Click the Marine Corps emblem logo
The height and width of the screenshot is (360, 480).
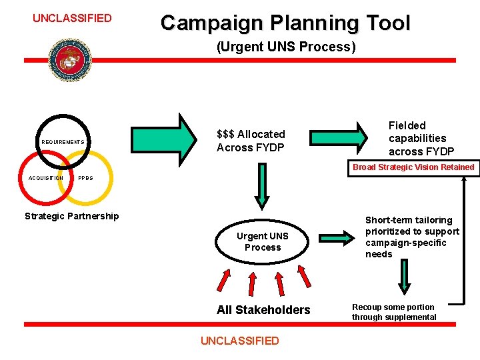[69, 60]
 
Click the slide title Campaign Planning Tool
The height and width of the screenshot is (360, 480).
[285, 23]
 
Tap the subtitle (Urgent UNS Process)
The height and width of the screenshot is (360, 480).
[286, 47]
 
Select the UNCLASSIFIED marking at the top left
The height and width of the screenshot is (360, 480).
[72, 18]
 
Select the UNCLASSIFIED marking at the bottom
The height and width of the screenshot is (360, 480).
[239, 341]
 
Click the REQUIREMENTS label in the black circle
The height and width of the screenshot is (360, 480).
[63, 142]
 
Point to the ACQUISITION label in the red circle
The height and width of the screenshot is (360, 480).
[45, 178]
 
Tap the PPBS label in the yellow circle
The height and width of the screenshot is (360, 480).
[85, 178]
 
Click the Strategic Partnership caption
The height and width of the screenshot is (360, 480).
[71, 216]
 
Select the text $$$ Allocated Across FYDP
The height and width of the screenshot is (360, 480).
[251, 141]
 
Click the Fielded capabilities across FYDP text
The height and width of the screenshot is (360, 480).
[421, 138]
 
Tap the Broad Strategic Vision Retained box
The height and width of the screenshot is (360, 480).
[413, 167]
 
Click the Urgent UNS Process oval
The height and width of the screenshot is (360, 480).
[263, 241]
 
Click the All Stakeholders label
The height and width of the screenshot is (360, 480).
[263, 309]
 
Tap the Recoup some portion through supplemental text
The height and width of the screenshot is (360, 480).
[394, 312]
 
